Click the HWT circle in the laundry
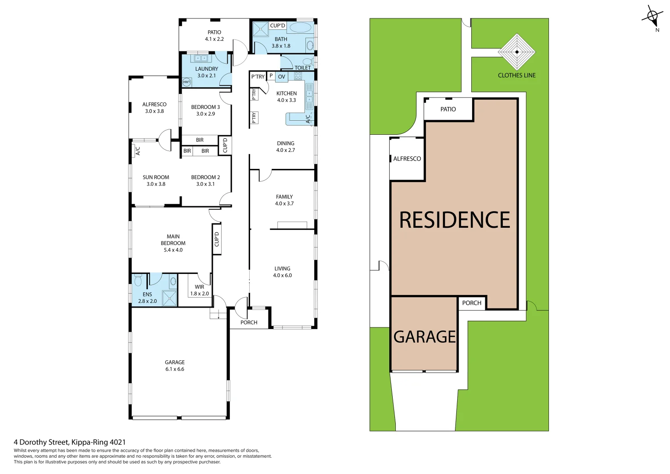(x=186, y=82)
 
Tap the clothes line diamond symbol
(x=517, y=52)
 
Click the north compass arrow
(x=652, y=18)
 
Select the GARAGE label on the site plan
(x=424, y=337)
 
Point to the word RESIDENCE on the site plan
(x=455, y=220)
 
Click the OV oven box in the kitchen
(x=282, y=77)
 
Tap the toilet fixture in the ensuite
(x=138, y=280)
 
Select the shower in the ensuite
(x=169, y=298)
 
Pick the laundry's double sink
(x=201, y=58)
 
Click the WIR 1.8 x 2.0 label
(x=199, y=290)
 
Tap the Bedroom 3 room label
(x=205, y=107)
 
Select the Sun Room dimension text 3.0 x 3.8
(x=156, y=184)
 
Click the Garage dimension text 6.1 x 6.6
(x=175, y=369)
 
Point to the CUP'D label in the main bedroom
(x=217, y=239)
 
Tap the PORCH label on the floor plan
(x=249, y=323)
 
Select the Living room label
(x=282, y=269)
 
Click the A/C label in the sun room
(x=138, y=151)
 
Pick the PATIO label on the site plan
(x=448, y=109)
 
